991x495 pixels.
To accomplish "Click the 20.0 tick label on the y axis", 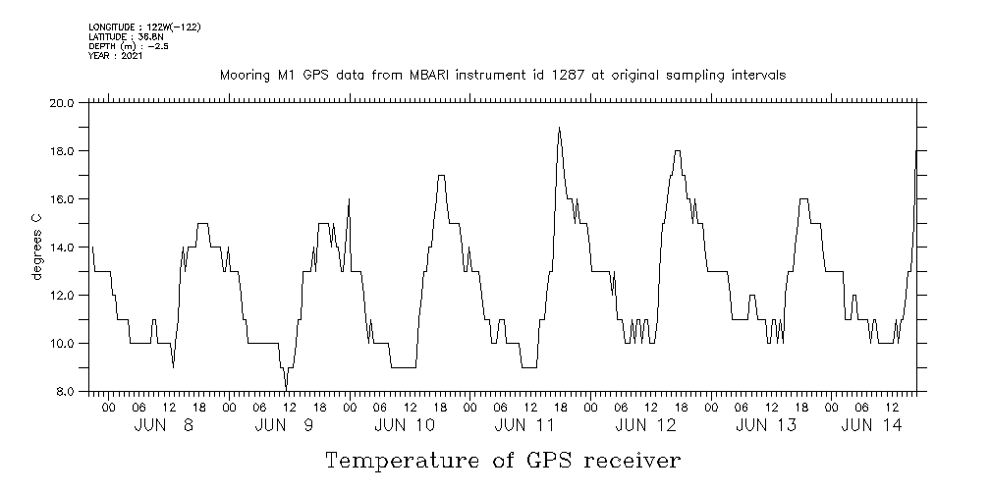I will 62,102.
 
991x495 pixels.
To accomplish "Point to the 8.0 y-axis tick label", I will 65,392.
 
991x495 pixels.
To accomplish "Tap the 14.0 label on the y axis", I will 62,247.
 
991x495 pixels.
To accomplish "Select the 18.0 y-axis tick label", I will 62,151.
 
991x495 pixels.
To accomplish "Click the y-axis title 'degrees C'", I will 37,247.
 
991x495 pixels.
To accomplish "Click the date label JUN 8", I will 165,424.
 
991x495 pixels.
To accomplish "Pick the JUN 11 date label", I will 526,424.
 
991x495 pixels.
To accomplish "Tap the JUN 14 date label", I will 871,424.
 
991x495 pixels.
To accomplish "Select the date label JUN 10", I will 405,424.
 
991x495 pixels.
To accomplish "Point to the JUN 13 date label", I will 766,424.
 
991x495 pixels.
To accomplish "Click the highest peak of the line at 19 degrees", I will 559,128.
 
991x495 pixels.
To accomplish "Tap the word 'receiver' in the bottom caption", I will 629,461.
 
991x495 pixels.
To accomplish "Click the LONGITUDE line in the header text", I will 144,27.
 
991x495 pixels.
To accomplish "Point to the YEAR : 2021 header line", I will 116,56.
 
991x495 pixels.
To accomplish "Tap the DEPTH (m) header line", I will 128,46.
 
